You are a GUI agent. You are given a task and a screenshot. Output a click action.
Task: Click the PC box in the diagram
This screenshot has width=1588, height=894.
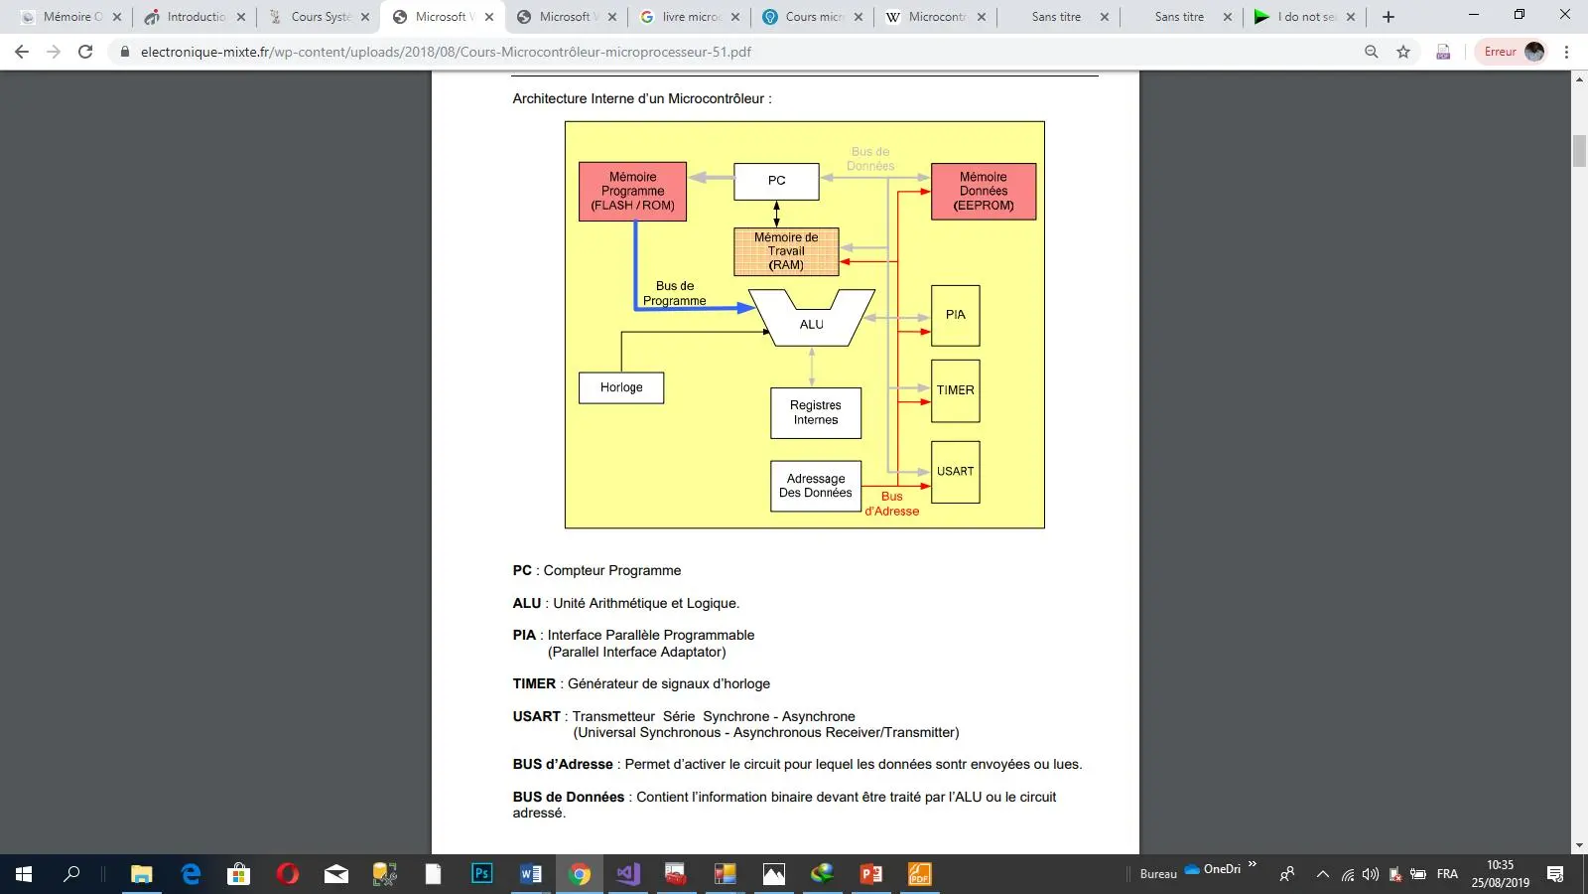click(776, 181)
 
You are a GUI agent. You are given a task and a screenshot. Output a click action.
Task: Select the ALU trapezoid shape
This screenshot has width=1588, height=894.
click(811, 324)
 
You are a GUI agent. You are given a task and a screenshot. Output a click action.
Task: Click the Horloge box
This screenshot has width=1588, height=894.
click(621, 387)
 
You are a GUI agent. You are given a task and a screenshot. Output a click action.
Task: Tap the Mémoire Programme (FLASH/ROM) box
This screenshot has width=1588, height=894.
click(632, 191)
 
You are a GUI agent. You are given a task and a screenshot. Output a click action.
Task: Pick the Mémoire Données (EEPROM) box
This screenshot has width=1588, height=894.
click(983, 191)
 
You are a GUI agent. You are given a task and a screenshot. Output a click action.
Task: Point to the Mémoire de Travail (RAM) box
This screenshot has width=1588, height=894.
click(786, 251)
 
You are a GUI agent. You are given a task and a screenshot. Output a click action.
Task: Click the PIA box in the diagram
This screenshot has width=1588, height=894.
click(955, 315)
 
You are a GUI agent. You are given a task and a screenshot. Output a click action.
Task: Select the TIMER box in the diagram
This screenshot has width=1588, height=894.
click(955, 390)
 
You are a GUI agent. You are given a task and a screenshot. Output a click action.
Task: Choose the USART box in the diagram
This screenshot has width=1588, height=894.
click(955, 472)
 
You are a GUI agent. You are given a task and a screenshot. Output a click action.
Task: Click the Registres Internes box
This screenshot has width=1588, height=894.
click(815, 412)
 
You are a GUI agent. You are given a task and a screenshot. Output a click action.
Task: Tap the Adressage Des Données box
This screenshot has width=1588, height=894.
click(815, 486)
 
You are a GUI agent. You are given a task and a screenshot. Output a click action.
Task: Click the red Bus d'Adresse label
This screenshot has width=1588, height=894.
click(891, 504)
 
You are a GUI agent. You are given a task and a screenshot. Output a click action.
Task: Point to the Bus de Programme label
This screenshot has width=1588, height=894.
click(675, 293)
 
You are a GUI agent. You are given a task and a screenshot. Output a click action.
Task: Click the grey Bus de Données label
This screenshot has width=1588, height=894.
click(870, 159)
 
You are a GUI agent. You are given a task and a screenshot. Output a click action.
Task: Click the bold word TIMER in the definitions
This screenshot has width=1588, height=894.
click(534, 683)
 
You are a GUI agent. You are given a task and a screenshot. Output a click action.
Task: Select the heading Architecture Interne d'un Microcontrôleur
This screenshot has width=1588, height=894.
click(641, 98)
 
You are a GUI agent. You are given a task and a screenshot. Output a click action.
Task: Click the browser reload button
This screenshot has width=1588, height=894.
click(85, 52)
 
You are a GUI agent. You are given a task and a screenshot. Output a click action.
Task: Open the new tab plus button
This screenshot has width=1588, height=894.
click(1389, 17)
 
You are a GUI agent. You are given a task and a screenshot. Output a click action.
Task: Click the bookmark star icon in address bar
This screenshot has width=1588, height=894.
click(1403, 52)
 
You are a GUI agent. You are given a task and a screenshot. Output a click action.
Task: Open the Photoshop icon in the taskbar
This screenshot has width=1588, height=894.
click(481, 874)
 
